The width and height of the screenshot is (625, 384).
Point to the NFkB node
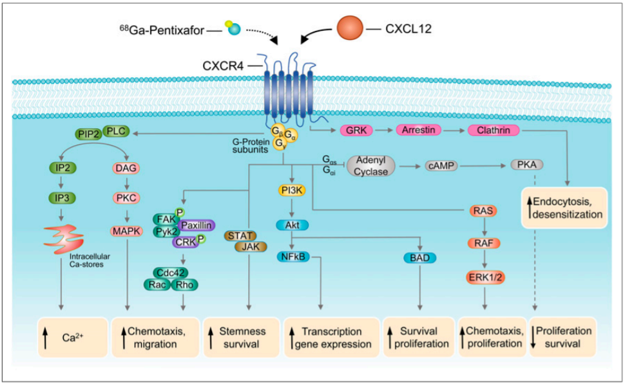tap(293, 257)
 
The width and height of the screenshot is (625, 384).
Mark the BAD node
tap(421, 257)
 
